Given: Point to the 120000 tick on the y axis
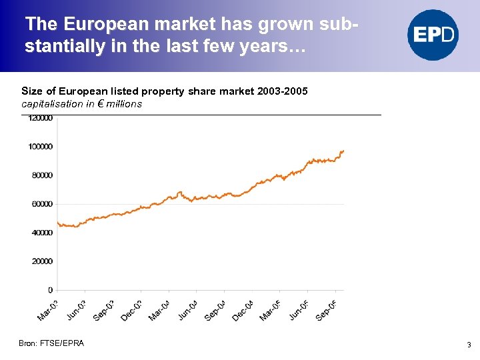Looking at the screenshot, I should coord(41,118).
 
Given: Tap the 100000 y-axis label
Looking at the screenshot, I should coord(41,147).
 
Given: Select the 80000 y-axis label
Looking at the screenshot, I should coord(42,175).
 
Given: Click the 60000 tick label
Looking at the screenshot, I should coord(42,204).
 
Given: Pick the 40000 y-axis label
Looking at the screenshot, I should coord(42,233).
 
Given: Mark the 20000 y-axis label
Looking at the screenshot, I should coord(42,261).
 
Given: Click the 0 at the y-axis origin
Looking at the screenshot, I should coord(50,290).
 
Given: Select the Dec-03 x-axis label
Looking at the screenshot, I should coord(131,310).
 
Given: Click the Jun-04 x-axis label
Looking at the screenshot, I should coord(187,310).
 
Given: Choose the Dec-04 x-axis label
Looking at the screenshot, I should coord(242,310).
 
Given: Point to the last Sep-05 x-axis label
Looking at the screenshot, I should coord(326,310).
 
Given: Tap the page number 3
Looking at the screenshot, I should coord(469,345).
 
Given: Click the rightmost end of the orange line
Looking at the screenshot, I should coord(343,151).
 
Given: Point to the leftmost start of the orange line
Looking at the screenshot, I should coord(57,222).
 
